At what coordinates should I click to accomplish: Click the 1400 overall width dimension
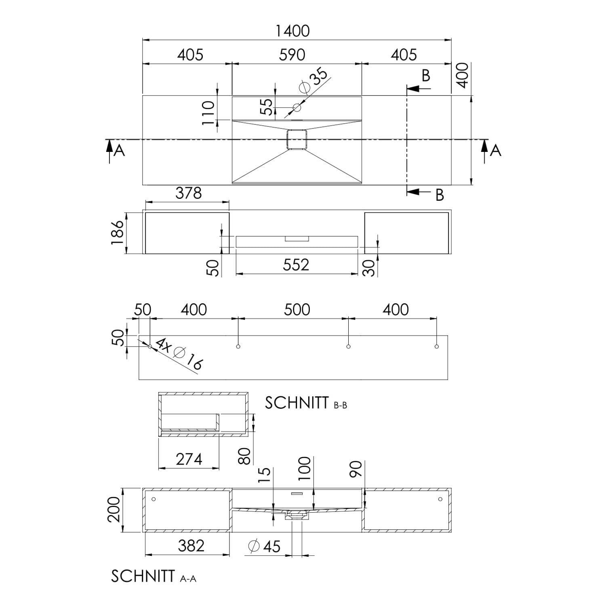point(292,31)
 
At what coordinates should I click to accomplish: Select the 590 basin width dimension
point(292,55)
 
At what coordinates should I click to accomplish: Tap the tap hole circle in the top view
point(297,107)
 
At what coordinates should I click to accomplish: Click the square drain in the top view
point(297,140)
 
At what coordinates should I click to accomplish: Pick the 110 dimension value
point(208,113)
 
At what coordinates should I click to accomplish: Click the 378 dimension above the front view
point(189,193)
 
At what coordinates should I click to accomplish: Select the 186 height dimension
point(117,232)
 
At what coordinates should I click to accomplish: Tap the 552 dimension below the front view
point(296,265)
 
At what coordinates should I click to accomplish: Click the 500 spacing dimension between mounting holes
point(297,310)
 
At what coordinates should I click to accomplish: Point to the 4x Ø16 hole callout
point(179,354)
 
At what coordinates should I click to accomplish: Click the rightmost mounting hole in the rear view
point(437,347)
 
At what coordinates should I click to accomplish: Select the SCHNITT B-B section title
point(306,403)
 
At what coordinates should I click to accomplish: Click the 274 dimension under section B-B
point(189,459)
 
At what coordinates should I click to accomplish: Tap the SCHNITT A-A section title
point(154,577)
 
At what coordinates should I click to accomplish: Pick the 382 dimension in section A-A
point(191,546)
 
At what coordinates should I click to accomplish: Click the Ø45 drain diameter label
point(264,546)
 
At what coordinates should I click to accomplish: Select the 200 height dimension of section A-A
point(114,510)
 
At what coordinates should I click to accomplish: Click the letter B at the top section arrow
point(426,76)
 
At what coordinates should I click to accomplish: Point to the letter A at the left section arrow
point(119,151)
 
